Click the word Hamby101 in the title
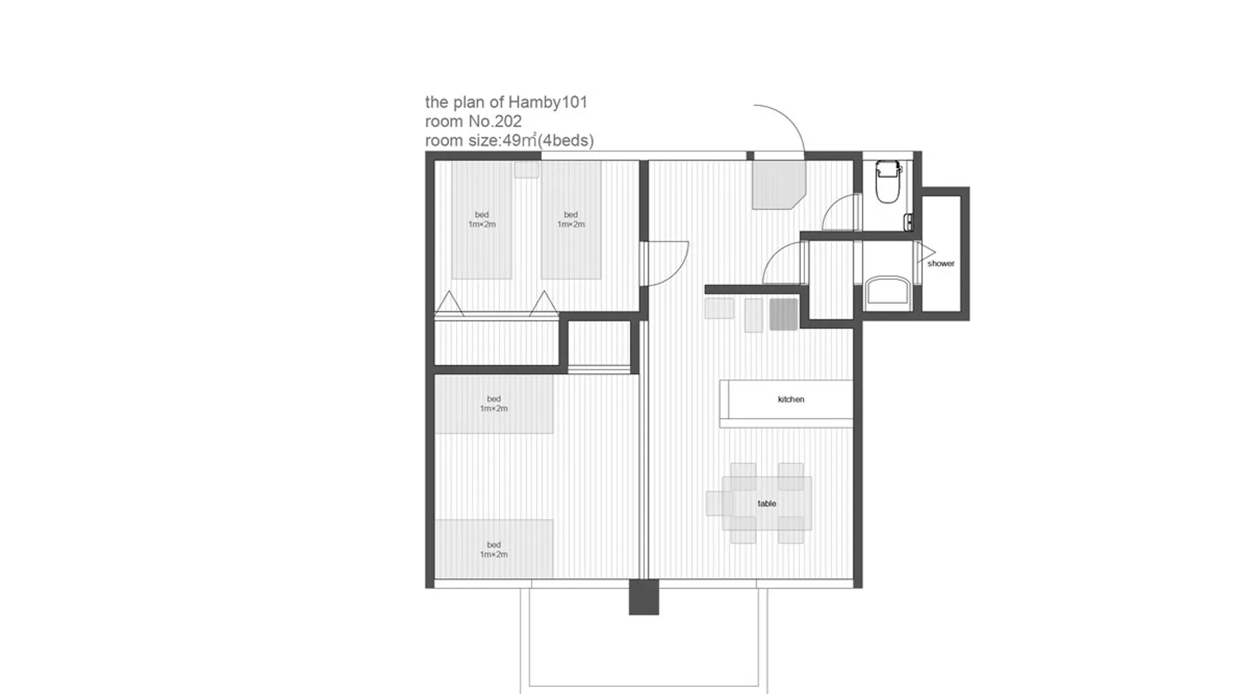pos(547,103)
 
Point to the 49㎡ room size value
pos(520,140)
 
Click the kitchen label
pos(791,399)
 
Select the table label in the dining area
pos(767,504)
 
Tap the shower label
pos(941,264)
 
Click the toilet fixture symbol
pos(887,181)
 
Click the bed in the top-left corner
pos(482,220)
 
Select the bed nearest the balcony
pos(494,549)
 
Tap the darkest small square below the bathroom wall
pos(783,314)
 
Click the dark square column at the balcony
pos(644,598)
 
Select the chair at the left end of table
pos(719,504)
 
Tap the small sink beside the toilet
pos(908,222)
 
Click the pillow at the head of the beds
pos(527,170)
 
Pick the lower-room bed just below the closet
pos(494,404)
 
